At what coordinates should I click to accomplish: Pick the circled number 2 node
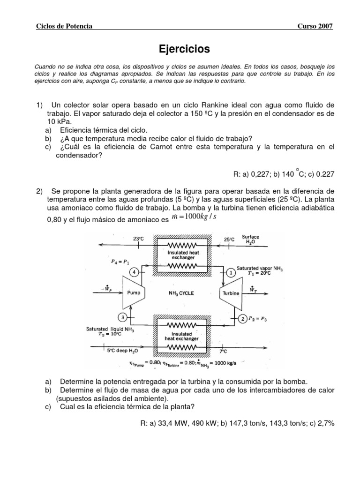click(x=243, y=319)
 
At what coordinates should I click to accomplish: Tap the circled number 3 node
click(x=123, y=317)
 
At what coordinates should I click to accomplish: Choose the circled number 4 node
click(x=133, y=272)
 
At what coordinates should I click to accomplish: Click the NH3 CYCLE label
click(x=181, y=293)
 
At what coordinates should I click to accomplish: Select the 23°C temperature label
click(x=138, y=239)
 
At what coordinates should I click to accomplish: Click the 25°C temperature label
click(x=229, y=239)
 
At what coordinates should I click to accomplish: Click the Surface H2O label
click(x=251, y=240)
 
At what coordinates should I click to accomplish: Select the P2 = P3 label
click(x=259, y=319)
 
